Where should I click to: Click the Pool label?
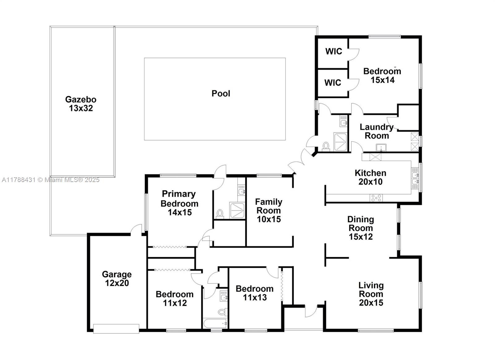[221, 93]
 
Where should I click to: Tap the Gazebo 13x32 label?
[81, 104]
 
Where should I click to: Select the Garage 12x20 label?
[117, 279]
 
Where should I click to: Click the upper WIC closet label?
[334, 51]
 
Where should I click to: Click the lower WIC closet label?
[333, 83]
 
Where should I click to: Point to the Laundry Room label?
[377, 131]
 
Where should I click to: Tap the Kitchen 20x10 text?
[370, 177]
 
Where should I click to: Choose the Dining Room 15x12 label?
[360, 228]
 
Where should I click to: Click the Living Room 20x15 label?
[371, 294]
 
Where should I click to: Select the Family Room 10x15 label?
[269, 210]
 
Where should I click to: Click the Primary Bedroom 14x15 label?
[179, 203]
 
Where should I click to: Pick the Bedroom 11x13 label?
[254, 293]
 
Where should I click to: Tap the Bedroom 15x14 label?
[382, 75]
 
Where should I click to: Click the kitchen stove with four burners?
[376, 197]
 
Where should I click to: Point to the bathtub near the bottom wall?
[215, 324]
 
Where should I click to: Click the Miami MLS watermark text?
[50, 180]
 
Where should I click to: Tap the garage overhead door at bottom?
[116, 329]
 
